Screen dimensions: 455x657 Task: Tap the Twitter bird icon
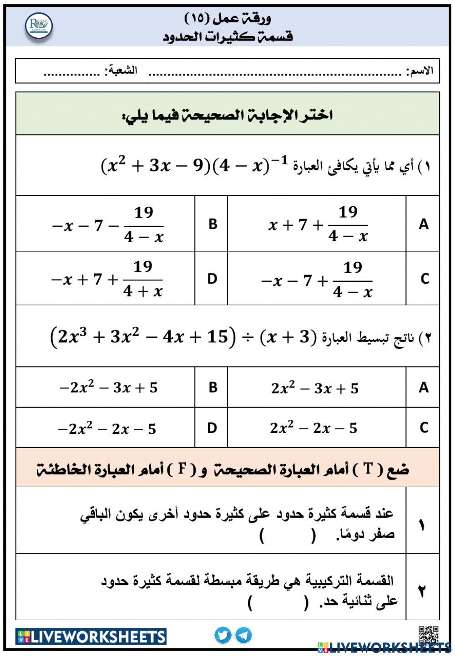(223, 635)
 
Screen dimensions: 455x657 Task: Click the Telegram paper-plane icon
(243, 635)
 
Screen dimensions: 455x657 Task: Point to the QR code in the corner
(428, 634)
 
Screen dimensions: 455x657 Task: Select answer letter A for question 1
(423, 224)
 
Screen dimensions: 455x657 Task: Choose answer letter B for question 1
(212, 224)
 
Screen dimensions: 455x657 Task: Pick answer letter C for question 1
(424, 279)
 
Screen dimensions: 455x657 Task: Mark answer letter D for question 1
(212, 279)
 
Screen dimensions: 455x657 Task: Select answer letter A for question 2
(423, 387)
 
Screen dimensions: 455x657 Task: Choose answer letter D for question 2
(212, 428)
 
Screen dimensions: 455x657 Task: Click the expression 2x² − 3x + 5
(315, 388)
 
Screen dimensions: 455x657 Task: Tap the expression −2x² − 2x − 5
(107, 429)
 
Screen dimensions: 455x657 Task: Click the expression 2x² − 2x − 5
(313, 428)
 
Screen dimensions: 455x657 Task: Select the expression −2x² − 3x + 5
(108, 388)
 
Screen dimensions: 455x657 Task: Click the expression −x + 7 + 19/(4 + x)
(107, 279)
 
